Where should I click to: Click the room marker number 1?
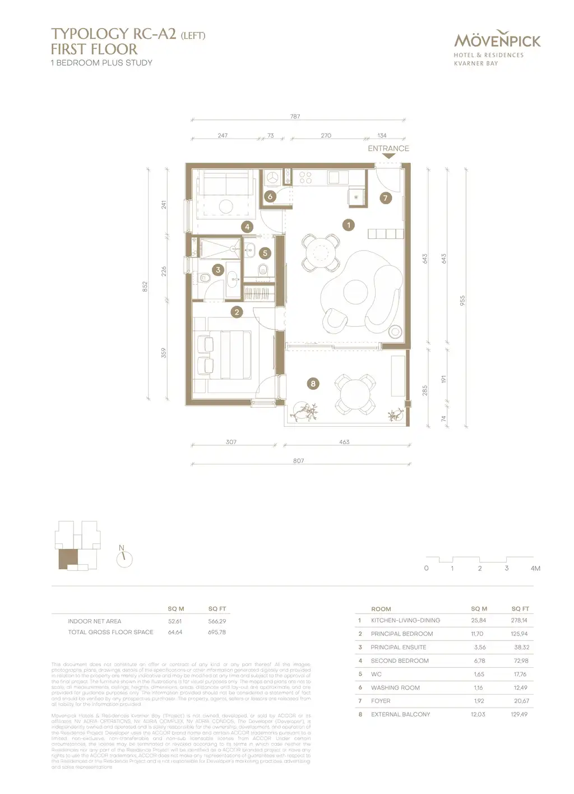pos(349,225)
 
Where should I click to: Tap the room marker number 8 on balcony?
pos(313,384)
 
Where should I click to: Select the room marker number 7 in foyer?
pos(385,198)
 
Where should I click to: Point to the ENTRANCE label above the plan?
pos(388,149)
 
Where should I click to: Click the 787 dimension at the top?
pos(295,117)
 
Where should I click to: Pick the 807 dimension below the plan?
pos(298,461)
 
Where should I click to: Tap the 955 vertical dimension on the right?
pos(462,300)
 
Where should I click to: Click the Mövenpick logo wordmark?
pos(497,41)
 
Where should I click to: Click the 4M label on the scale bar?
pos(535,569)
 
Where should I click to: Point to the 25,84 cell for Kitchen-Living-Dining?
pos(479,621)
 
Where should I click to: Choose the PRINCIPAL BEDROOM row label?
pos(401,634)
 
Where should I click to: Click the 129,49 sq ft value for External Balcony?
pos(519,714)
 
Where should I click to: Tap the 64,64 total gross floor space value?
pos(175,632)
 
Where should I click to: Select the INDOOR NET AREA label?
pos(95,621)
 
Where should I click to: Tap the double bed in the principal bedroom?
pos(235,354)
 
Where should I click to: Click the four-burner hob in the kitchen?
pos(305,178)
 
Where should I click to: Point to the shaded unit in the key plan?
pos(68,558)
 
